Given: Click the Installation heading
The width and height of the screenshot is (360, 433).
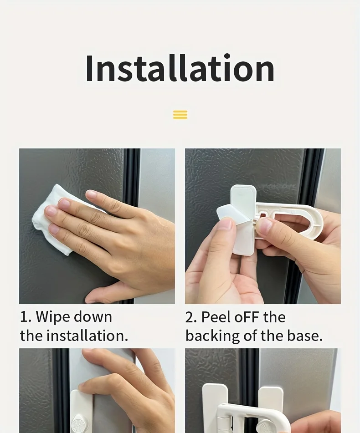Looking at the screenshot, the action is tap(180, 68).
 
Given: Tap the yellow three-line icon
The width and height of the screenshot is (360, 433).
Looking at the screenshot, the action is tap(180, 115).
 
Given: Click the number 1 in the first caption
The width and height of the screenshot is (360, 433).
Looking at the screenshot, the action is tap(24, 317).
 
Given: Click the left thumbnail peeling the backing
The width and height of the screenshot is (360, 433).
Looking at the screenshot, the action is tap(225, 224).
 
